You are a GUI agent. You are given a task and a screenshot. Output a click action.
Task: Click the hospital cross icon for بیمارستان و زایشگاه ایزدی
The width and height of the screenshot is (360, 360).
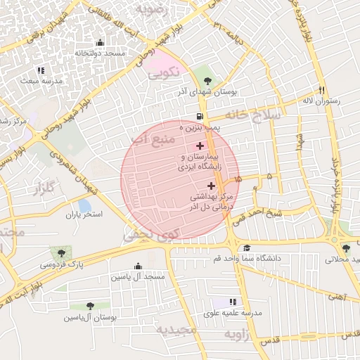(x=200, y=146)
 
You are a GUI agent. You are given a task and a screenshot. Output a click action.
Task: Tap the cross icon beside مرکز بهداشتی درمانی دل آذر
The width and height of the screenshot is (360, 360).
(x=212, y=186)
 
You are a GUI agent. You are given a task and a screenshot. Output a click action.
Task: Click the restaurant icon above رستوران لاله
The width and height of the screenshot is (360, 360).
(x=322, y=90)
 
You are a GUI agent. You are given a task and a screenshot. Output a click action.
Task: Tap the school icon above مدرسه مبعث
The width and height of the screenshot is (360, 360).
(x=41, y=70)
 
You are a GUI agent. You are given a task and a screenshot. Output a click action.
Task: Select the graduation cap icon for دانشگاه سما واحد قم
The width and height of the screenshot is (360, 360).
(x=246, y=248)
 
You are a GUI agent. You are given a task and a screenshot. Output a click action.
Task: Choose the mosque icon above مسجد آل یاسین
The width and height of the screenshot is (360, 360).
(x=137, y=266)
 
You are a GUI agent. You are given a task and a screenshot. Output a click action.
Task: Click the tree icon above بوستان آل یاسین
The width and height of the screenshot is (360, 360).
(x=90, y=306)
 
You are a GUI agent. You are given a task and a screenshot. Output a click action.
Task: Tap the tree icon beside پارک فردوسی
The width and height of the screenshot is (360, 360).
(x=60, y=253)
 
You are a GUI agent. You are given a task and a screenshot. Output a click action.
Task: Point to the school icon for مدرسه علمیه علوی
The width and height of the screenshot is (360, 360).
(x=233, y=302)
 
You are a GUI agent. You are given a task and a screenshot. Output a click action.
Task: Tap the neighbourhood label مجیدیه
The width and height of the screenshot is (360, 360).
(x=173, y=329)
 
